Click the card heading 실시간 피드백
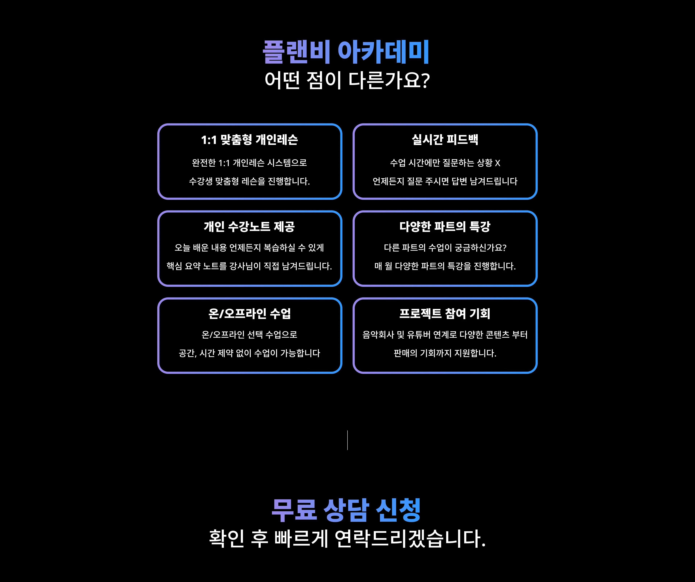click(445, 139)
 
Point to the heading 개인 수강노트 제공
click(249, 227)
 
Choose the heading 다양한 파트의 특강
click(445, 227)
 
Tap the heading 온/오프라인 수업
click(249, 313)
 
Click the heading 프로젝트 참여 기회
click(445, 313)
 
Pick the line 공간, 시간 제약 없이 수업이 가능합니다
click(249, 353)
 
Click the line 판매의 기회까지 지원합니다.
click(445, 353)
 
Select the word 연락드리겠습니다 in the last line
click(410, 539)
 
